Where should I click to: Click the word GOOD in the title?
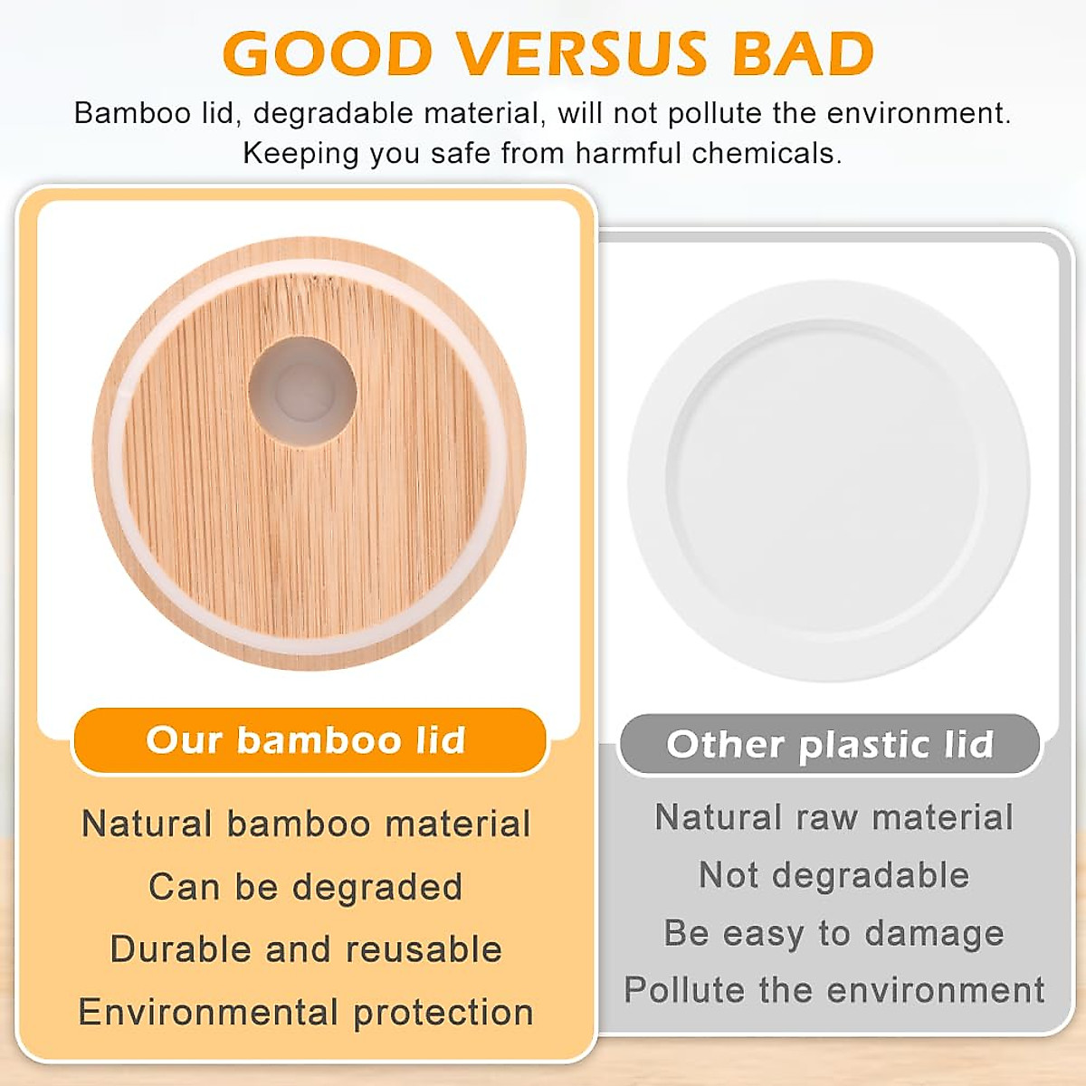click(x=328, y=54)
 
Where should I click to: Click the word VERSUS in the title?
click(x=582, y=54)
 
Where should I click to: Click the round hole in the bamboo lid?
click(x=302, y=392)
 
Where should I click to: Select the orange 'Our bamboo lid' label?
click(x=309, y=740)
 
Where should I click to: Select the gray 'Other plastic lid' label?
click(x=830, y=745)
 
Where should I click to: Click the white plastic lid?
click(x=828, y=480)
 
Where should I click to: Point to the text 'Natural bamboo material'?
click(x=306, y=824)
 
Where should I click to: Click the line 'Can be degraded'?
click(x=306, y=887)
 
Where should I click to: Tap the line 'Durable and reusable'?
click(x=306, y=949)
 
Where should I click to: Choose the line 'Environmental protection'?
click(x=306, y=1012)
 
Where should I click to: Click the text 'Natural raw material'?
click(x=834, y=817)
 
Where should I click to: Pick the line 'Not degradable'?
click(x=834, y=875)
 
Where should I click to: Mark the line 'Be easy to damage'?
click(x=834, y=933)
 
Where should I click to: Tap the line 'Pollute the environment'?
click(x=834, y=990)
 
